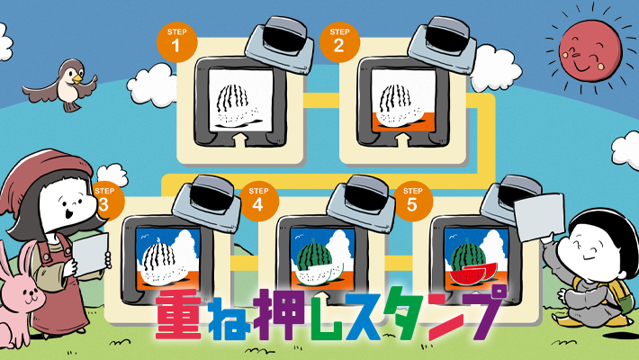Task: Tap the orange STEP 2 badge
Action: [337, 40]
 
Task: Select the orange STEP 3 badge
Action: [105, 201]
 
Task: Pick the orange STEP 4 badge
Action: [257, 201]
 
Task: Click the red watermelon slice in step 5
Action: [472, 266]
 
